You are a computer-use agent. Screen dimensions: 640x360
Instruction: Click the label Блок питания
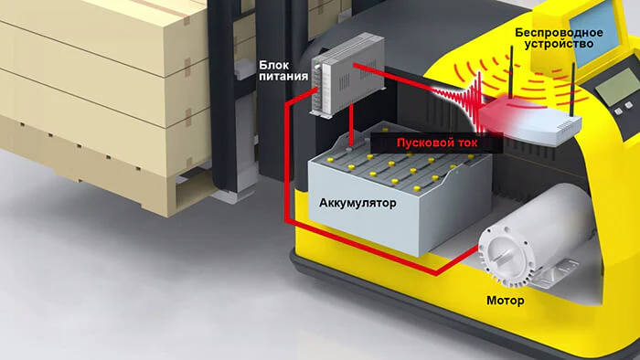pyautogui.click(x=283, y=71)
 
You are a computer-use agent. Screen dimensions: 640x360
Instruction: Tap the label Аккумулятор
pyautogui.click(x=357, y=203)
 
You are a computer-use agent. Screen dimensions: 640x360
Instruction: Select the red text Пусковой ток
pyautogui.click(x=437, y=143)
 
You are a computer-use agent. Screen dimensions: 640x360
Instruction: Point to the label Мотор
pyautogui.click(x=506, y=301)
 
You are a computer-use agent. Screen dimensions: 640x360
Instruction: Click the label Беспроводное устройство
pyautogui.click(x=559, y=37)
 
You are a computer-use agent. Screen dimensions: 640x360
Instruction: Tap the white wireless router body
pyautogui.click(x=530, y=122)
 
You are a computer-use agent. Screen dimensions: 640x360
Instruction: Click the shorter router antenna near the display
pyautogui.click(x=572, y=90)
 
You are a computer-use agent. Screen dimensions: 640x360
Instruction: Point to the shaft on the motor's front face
pyautogui.click(x=503, y=257)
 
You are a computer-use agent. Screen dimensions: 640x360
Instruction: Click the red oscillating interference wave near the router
pyautogui.click(x=457, y=101)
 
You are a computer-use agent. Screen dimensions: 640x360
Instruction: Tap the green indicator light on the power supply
pyautogui.click(x=317, y=63)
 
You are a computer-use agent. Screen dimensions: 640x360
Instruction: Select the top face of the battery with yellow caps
pyautogui.click(x=400, y=163)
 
